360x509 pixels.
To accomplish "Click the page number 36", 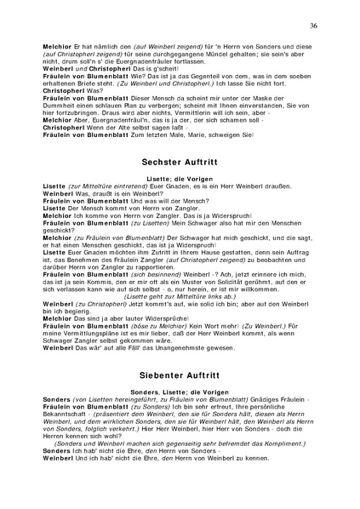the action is (x=313, y=26).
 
